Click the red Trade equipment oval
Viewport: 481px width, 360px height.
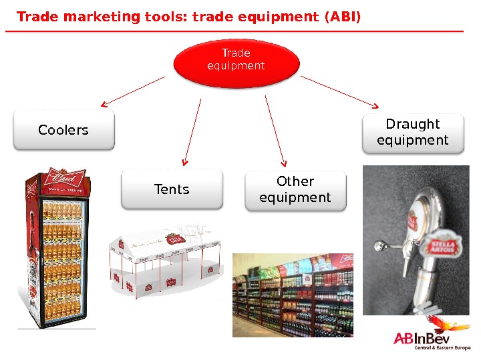(236, 62)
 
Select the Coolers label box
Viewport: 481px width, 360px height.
(63, 130)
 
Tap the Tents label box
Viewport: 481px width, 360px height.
(172, 189)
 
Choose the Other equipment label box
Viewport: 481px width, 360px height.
(295, 189)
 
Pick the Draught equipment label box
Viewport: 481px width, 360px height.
(412, 132)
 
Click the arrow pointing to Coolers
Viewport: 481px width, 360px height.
(133, 91)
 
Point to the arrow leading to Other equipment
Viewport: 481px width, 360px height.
(275, 130)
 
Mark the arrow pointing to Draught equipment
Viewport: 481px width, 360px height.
(340, 91)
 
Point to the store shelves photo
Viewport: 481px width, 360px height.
(292, 295)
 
